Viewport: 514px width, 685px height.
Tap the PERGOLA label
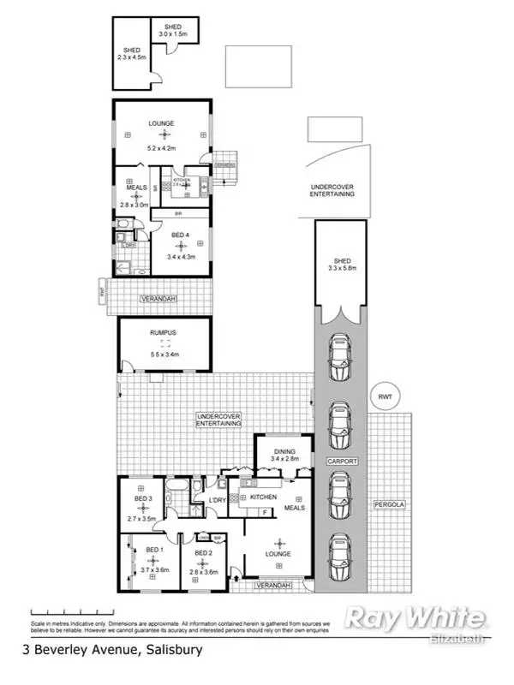click(x=388, y=504)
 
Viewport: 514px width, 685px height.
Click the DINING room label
click(x=284, y=452)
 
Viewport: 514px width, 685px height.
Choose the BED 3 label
click(x=143, y=499)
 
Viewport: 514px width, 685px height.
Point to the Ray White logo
click(x=415, y=618)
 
